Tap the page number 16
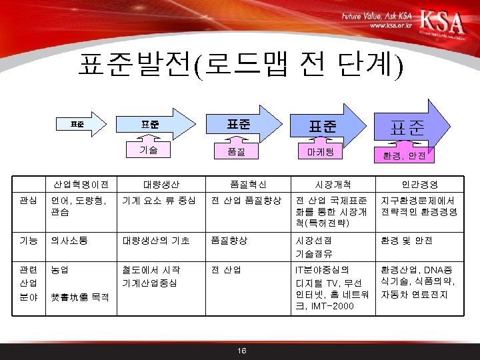[241, 351]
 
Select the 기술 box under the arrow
[149, 150]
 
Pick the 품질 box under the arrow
[236, 153]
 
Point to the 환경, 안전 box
[408, 156]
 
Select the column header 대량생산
[161, 183]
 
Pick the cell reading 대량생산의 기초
[156, 240]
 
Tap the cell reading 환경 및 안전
[406, 240]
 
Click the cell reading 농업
[59, 270]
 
